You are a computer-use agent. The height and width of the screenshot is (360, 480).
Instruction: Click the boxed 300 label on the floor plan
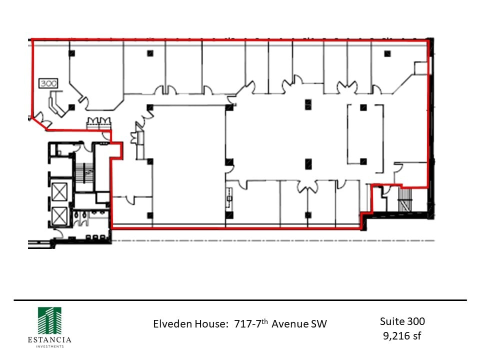click(48, 83)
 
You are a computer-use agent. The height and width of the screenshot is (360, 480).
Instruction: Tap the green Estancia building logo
click(49, 320)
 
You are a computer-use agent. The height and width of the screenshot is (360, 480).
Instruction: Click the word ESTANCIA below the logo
click(49, 340)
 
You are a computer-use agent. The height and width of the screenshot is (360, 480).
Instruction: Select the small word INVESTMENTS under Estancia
click(49, 346)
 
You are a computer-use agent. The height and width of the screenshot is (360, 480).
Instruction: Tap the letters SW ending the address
click(319, 324)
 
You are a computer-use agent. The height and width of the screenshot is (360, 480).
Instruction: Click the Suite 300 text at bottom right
click(402, 321)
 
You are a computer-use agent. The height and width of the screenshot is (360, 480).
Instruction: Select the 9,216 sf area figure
click(402, 335)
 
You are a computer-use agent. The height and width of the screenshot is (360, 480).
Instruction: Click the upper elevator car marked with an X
click(59, 191)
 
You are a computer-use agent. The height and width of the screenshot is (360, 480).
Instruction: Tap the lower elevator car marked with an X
click(59, 216)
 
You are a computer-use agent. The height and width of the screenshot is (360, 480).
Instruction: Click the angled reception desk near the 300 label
click(54, 104)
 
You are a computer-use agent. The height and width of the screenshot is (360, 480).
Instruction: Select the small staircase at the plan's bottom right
click(405, 199)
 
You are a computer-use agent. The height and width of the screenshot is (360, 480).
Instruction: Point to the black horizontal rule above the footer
click(240, 300)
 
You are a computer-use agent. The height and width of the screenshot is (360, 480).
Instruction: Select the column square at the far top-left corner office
click(72, 53)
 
